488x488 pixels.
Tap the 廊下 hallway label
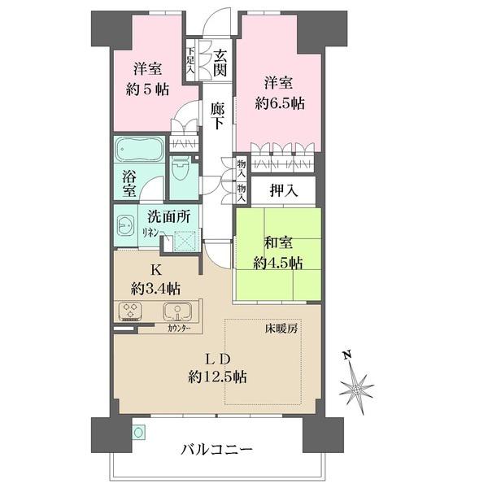tap(216, 115)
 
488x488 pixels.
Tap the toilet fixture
tap(181, 169)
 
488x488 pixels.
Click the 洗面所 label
tap(168, 217)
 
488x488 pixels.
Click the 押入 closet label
tap(284, 192)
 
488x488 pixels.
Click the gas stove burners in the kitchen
tap(130, 312)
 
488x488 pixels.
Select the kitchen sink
tap(176, 311)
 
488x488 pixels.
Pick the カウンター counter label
tap(181, 329)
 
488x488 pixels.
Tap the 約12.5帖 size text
tap(218, 377)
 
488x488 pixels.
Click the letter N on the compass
tap(345, 355)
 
